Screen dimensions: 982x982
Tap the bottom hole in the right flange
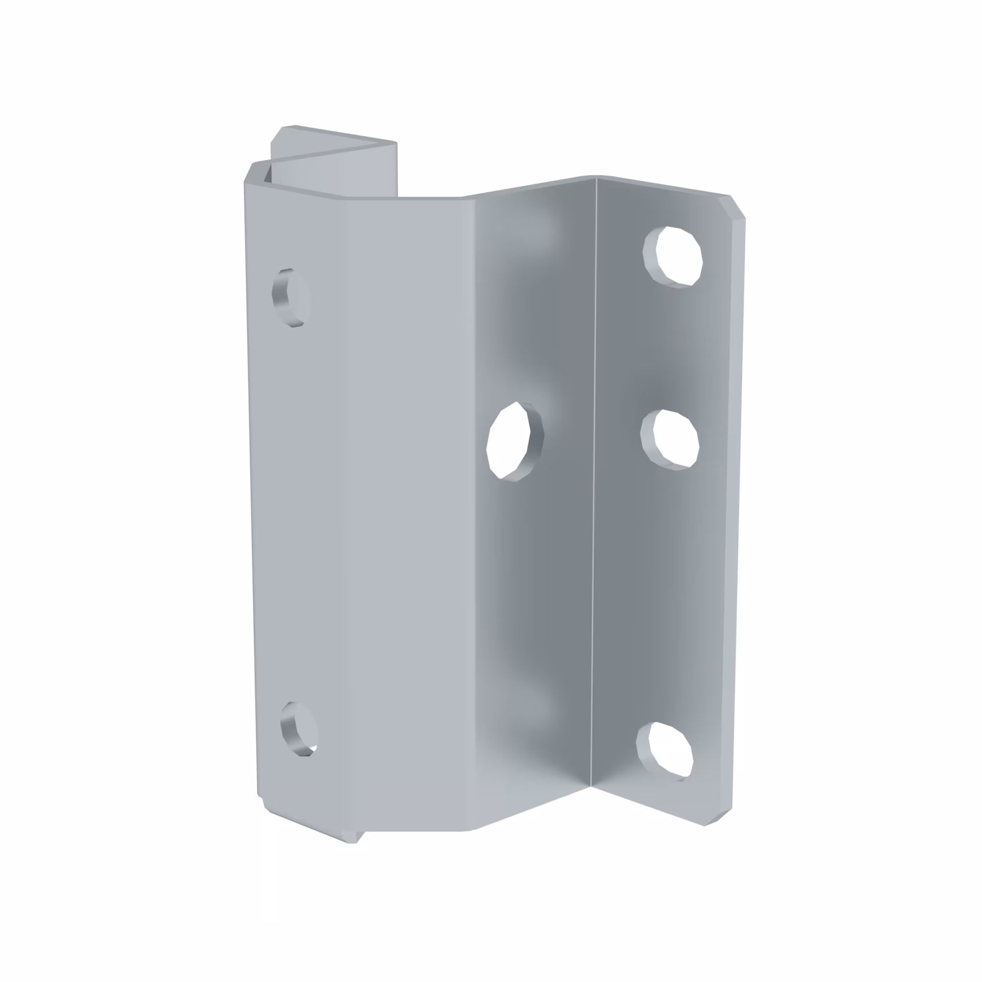[666, 751]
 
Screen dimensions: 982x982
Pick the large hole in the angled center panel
[515, 440]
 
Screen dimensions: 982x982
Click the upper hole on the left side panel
[291, 297]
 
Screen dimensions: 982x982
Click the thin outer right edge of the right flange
[736, 511]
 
